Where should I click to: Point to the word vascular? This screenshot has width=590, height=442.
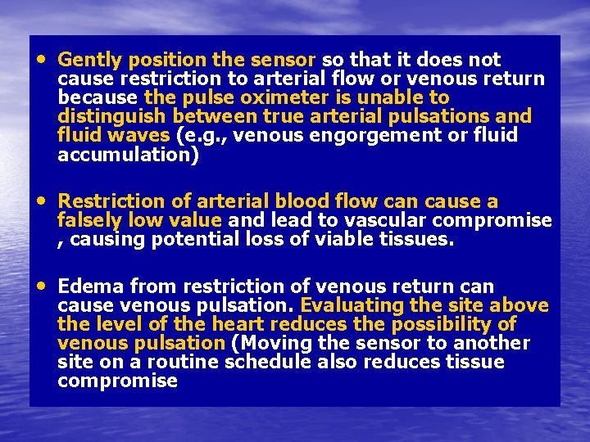389,220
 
